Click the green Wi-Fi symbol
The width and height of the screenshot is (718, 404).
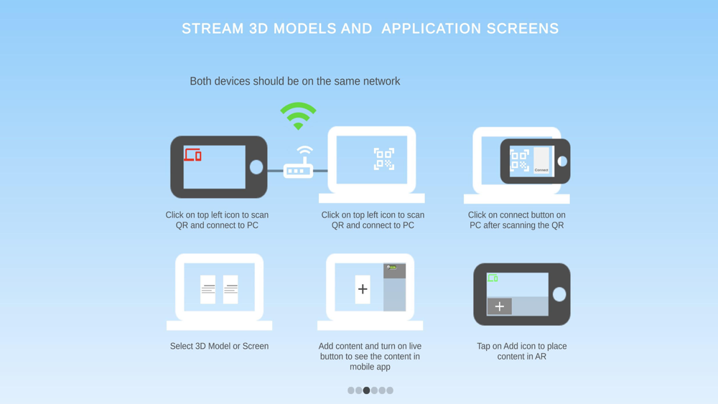coord(298,116)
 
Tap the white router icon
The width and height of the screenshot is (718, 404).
coord(299,162)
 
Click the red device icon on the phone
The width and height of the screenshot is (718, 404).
coord(192,155)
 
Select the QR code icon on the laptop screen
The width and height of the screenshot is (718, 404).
coord(383,159)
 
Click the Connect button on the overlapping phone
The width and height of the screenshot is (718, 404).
coord(541,170)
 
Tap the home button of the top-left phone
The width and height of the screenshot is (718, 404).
coord(256,167)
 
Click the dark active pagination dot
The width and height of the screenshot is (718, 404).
coord(366,390)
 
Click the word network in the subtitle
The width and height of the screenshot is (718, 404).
coord(381,81)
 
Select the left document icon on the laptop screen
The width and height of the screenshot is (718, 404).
coord(208,289)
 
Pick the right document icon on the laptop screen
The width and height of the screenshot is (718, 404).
coord(230,289)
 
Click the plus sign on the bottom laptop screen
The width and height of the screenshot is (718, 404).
coord(363,289)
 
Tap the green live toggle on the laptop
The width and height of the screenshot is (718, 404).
coord(391,267)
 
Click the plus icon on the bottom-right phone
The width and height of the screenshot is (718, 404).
coord(500,306)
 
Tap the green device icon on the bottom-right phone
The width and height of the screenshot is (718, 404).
coord(493,278)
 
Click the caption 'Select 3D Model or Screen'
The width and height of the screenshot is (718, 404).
coord(219,347)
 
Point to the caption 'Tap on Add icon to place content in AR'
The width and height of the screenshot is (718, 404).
coord(521,352)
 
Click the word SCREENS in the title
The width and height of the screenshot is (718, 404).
coord(523,29)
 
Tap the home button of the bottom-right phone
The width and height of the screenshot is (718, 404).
coord(559,294)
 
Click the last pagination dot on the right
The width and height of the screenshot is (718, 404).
coord(390,390)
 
